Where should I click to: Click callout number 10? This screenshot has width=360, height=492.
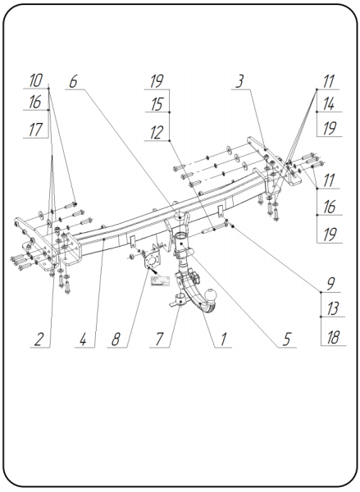[35, 80]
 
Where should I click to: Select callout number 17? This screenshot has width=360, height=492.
[35, 130]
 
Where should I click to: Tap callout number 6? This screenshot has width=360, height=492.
[73, 82]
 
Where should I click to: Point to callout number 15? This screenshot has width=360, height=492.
[157, 104]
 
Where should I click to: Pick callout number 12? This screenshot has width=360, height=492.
[157, 132]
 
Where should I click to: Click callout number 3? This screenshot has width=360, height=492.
[239, 81]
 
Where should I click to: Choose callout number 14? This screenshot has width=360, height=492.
[329, 104]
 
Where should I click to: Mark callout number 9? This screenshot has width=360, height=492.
[330, 284]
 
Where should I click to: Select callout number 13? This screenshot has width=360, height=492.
[332, 308]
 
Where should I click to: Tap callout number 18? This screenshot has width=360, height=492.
[333, 337]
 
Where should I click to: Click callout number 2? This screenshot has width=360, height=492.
[39, 339]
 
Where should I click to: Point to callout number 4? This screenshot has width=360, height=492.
[83, 339]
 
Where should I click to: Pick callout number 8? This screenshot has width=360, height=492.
[116, 339]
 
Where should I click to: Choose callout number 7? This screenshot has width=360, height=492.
[159, 339]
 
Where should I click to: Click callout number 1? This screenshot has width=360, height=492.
[223, 339]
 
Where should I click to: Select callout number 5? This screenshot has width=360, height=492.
[286, 339]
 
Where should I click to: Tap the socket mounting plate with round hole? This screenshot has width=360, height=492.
[151, 259]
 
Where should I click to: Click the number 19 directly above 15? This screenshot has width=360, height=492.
[157, 81]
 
